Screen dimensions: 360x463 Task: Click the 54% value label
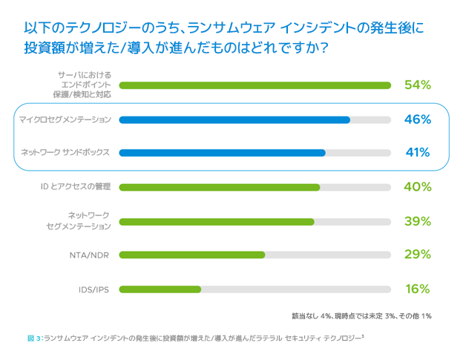(418, 85)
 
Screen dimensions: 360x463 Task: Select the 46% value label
(418, 119)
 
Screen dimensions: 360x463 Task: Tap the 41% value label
(418, 153)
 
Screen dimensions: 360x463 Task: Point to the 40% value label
(418, 187)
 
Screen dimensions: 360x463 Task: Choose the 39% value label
(418, 221)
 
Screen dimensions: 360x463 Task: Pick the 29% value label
(418, 255)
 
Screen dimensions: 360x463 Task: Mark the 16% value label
(418, 289)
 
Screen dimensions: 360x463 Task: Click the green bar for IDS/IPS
(160, 289)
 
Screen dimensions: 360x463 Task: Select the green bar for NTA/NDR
(191, 255)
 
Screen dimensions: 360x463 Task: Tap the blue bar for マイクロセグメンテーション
(234, 119)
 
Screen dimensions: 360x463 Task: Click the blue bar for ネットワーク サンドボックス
(222, 153)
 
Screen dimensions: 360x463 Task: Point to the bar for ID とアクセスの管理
(219, 187)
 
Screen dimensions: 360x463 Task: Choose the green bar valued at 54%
(255, 85)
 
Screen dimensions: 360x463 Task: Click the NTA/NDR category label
(89, 255)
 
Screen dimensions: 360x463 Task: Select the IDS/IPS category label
(94, 289)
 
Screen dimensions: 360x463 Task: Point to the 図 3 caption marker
(33, 338)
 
